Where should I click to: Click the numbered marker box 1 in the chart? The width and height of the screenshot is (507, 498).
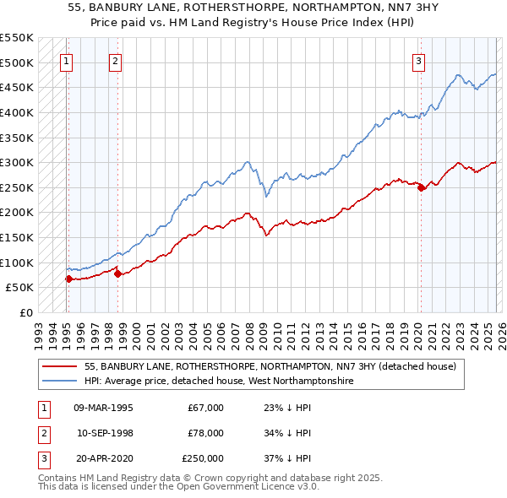pyautogui.click(x=66, y=60)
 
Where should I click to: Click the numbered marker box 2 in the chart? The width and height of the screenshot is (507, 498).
pyautogui.click(x=115, y=60)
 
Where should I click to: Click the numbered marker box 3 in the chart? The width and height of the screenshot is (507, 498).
pyautogui.click(x=418, y=60)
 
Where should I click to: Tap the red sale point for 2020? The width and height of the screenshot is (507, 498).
pyautogui.click(x=421, y=187)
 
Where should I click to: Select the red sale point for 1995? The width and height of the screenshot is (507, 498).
pyautogui.click(x=68, y=279)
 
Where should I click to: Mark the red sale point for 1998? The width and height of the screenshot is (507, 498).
pyautogui.click(x=117, y=273)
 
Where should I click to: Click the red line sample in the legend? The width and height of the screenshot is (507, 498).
pyautogui.click(x=60, y=367)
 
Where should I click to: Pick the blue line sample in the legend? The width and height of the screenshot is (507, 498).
pyautogui.click(x=60, y=382)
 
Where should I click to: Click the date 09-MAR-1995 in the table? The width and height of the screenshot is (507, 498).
pyautogui.click(x=103, y=408)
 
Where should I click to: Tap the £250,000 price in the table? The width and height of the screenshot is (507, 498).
pyautogui.click(x=203, y=458)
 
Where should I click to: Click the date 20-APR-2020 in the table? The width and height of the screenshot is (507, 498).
pyautogui.click(x=103, y=458)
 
